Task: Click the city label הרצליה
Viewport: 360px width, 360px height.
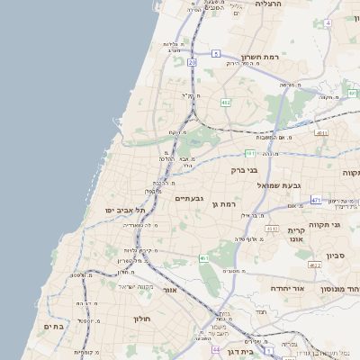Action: point(268,4)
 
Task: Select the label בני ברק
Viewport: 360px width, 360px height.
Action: point(244,169)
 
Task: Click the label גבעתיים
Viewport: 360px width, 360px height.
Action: point(189,199)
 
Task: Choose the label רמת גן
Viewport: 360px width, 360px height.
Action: point(222,205)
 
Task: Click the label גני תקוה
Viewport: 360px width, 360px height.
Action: point(323,223)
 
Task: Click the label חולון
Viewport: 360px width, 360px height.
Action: point(141,319)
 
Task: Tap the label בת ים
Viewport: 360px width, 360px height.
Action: point(54,328)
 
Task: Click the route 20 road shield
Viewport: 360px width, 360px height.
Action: point(192,62)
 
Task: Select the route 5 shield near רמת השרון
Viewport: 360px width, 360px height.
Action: point(216,54)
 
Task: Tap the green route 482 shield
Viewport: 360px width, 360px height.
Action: point(226,103)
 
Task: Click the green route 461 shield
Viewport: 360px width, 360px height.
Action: point(204,258)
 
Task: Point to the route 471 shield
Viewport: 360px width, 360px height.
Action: point(316,200)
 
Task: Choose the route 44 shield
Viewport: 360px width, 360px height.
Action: point(216,347)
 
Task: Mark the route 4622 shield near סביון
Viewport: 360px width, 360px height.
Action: point(314,265)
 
